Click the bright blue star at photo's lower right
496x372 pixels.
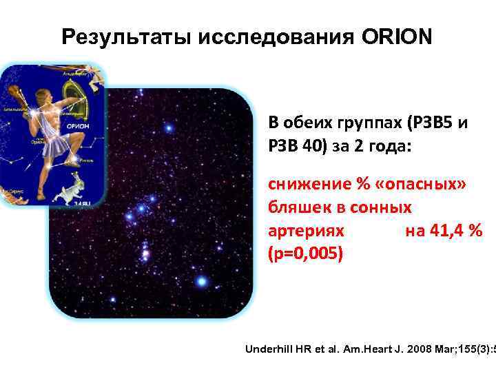coord(201,281)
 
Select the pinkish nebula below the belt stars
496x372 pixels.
coord(145,254)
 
